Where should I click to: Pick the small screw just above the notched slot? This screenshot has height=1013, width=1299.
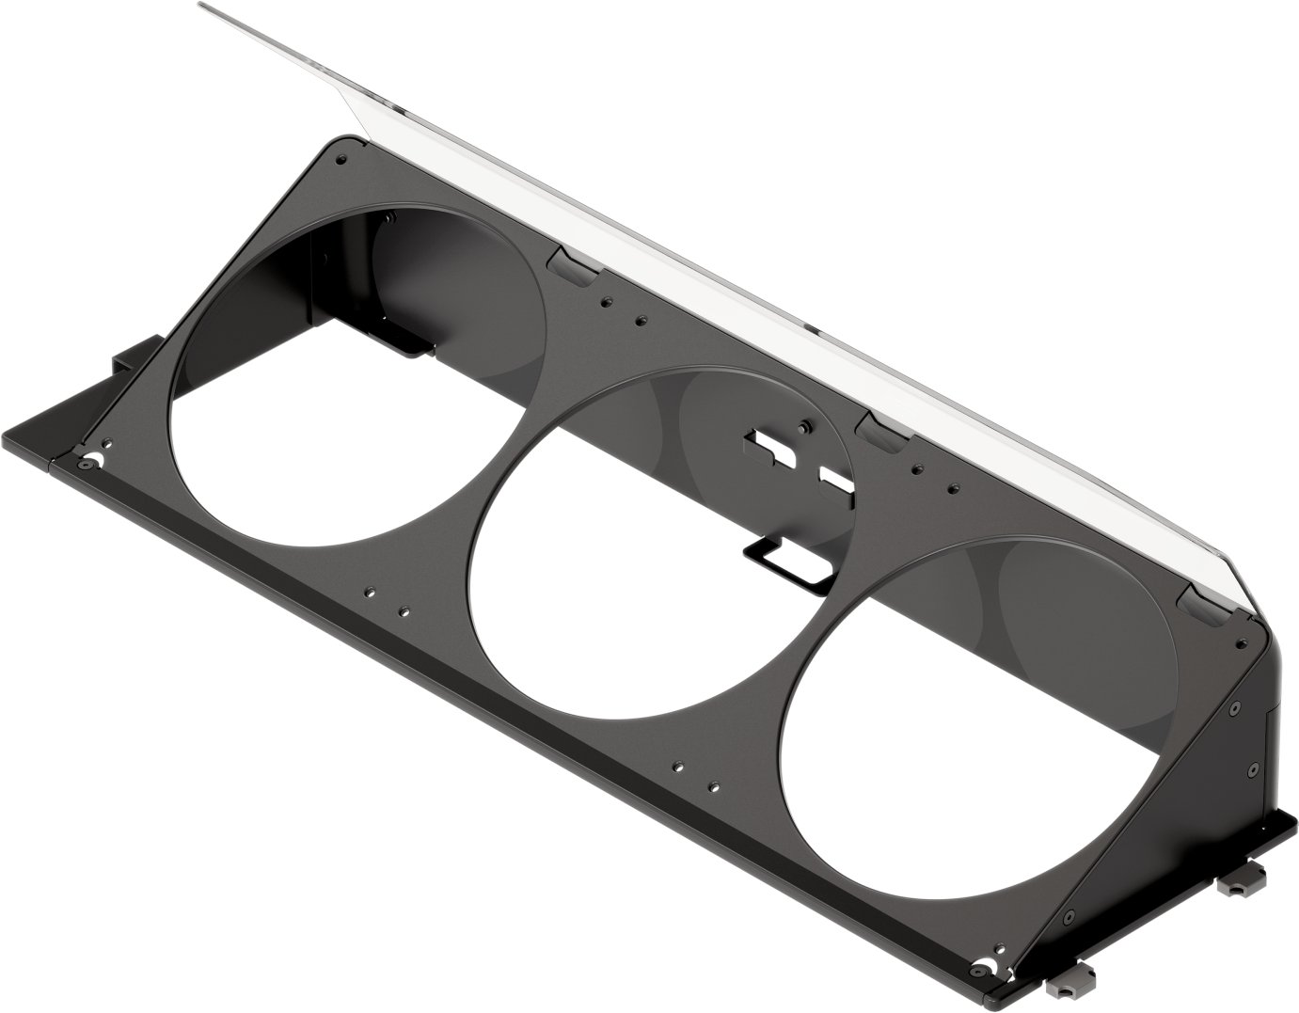click(x=801, y=425)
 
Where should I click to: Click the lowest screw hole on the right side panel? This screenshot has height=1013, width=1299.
click(x=1070, y=914)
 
